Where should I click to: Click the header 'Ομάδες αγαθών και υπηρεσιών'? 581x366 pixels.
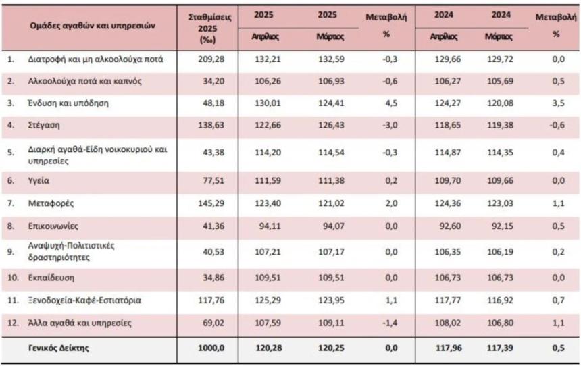pos(93,26)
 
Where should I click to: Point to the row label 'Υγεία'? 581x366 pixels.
pos(39,181)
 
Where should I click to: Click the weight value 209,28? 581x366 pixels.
pos(207,59)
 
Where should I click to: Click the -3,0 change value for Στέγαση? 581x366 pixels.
pos(388,125)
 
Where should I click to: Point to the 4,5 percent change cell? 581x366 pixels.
pos(388,103)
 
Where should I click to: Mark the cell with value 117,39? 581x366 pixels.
pos(499,348)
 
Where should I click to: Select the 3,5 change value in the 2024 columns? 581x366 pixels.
pos(555,103)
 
